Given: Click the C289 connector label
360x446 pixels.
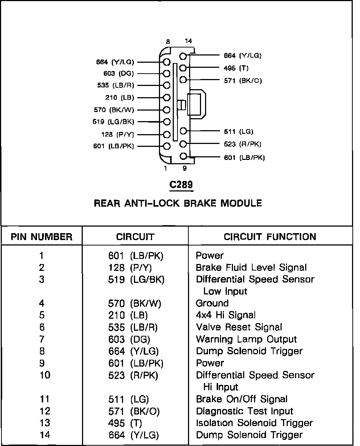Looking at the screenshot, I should tap(181, 185).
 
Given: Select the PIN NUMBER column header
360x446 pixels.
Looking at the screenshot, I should tap(41, 237).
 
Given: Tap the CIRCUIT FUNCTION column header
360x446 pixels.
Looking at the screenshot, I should tap(270, 237).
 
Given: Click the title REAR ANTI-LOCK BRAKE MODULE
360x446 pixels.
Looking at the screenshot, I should tap(178, 203).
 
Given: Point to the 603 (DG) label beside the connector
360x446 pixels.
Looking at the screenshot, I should tap(118, 74).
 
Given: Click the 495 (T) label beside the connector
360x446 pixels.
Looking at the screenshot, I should tap(236, 68).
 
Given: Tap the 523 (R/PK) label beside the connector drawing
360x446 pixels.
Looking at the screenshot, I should tap(243, 144).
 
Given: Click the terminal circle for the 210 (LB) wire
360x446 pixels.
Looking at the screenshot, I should tap(167, 98).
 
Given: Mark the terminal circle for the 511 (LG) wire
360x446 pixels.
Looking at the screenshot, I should tap(183, 131).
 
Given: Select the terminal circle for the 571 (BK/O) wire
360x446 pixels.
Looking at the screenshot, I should tap(183, 80).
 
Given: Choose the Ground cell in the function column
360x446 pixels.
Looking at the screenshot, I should tap(212, 303).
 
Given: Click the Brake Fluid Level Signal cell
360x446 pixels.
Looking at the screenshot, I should tap(251, 268).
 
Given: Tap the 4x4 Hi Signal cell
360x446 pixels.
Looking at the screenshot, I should tap(225, 315).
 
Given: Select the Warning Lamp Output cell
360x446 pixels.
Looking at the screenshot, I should tap(246, 339).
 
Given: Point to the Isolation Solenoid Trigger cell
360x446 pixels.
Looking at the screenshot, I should tap(254, 423).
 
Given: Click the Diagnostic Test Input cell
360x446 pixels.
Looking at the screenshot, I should tap(244, 411).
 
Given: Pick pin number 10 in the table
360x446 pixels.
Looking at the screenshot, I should tap(45, 375).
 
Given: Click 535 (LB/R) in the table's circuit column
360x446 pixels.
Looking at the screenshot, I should tap(132, 327).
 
